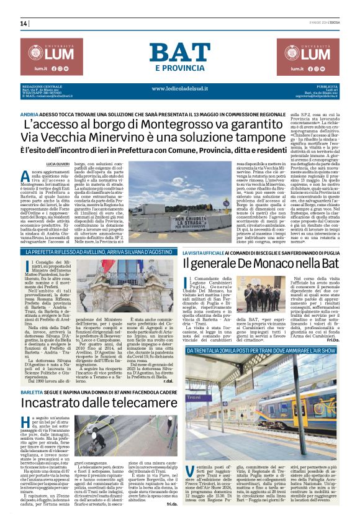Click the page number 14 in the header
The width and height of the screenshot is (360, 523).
pyautogui.click(x=24, y=24)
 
